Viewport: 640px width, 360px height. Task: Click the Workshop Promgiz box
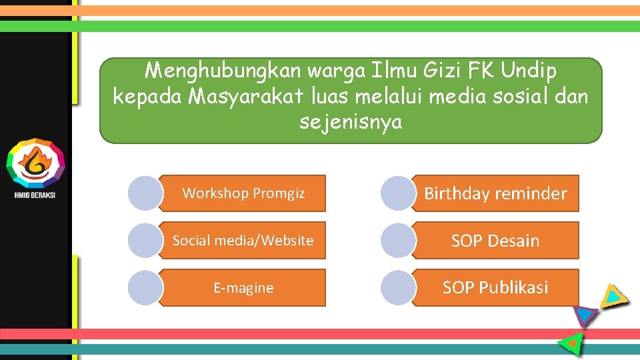243,193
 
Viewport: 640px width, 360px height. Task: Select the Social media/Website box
243,241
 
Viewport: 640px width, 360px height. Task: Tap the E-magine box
243,288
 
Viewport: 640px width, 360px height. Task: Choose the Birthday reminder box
496,193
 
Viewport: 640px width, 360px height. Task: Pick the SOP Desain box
496,241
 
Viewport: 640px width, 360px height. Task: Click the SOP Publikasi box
496,288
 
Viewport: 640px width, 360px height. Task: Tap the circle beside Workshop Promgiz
145,193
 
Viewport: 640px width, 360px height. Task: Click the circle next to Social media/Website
145,241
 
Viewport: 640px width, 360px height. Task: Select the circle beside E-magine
145,288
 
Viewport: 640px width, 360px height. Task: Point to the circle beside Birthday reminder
398,193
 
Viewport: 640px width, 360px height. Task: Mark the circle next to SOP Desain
398,241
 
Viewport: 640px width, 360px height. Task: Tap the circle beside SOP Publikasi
398,288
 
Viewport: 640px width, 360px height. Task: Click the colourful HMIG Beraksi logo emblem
35,163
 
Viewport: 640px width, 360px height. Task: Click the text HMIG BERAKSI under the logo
35,195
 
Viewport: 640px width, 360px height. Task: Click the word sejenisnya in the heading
351,123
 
